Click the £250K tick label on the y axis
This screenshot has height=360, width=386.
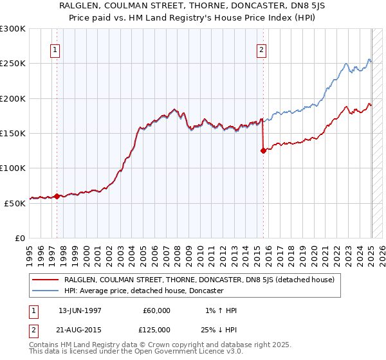14,64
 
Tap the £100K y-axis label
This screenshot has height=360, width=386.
14,168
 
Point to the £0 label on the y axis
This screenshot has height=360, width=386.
21,238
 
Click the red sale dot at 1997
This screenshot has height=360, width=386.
57,196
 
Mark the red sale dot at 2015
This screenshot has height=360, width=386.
263,151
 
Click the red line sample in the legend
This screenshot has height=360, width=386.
45,280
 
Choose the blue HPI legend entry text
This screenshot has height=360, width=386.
143,291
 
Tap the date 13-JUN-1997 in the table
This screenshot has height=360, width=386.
80,310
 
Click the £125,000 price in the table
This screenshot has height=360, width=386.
157,329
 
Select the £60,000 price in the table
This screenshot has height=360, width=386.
157,310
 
